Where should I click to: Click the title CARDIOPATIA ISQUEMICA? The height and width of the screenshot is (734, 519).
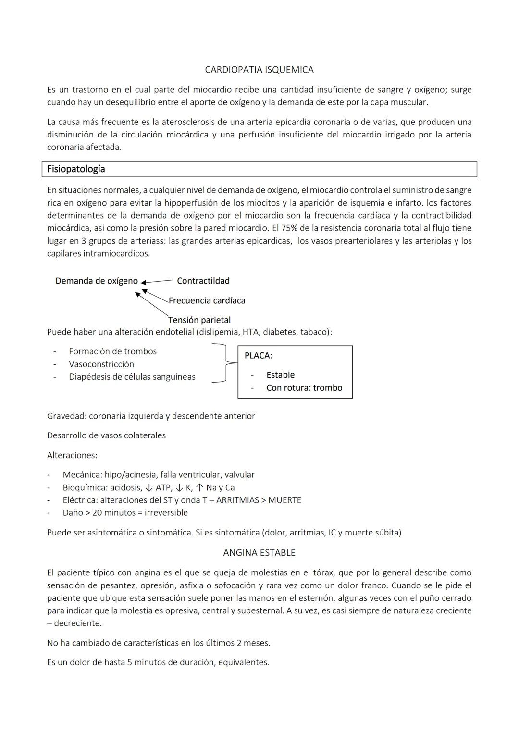[259, 70]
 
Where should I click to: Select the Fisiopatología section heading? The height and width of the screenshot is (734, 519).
[76, 169]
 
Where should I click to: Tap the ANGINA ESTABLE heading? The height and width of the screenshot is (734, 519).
[259, 553]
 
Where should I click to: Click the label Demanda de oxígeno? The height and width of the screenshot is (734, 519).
[97, 281]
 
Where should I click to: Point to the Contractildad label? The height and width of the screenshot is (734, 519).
[203, 281]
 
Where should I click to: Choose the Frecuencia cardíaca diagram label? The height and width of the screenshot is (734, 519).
[207, 300]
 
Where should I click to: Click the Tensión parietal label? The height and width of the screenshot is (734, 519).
[199, 320]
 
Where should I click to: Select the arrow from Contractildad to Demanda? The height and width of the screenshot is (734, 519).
[157, 282]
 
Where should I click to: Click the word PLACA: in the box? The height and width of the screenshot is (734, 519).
[258, 356]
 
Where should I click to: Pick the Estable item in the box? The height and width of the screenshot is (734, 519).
[280, 375]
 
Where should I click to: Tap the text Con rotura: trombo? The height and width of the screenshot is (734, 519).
[304, 388]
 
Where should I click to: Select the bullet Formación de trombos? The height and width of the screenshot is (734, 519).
[112, 351]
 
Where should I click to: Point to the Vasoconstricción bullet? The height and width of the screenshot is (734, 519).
[101, 364]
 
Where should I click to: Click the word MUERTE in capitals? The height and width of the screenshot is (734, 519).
[284, 500]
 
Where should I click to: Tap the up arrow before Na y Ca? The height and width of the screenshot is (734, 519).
[200, 487]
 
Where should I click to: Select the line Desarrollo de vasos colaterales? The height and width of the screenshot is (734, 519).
[106, 435]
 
